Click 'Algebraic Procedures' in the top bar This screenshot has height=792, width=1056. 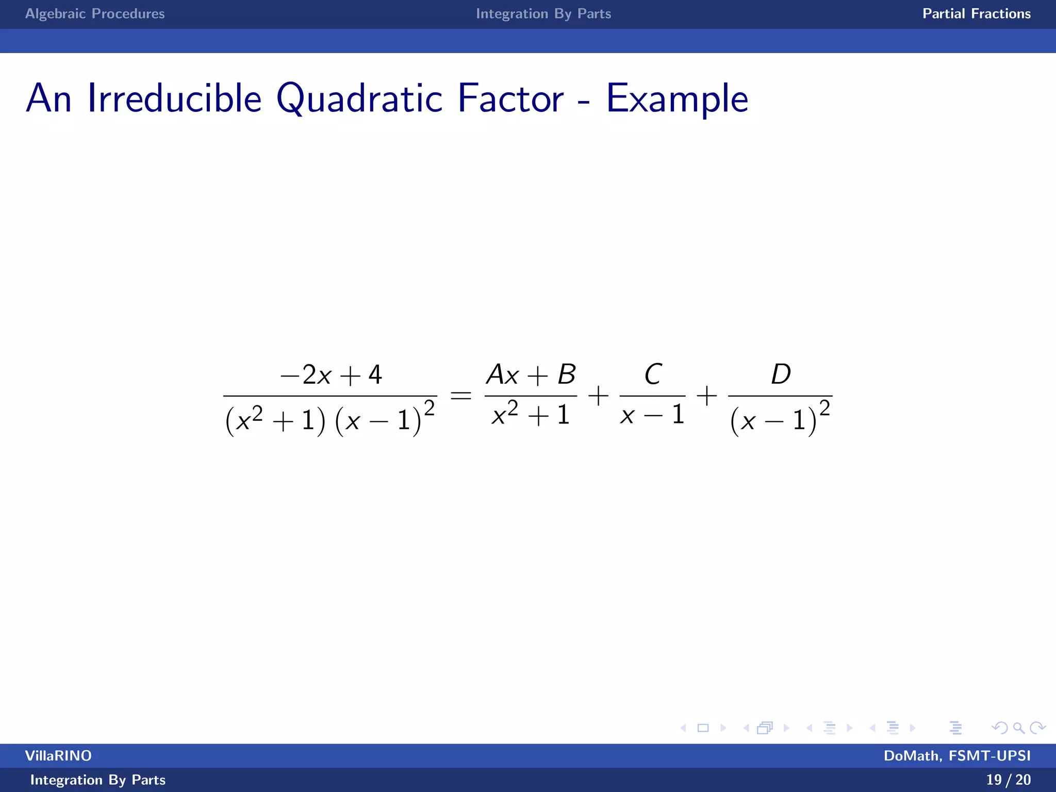tap(95, 13)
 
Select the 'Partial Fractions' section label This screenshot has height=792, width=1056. tap(976, 13)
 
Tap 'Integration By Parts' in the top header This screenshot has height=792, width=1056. tap(543, 13)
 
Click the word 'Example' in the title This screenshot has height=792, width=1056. tap(676, 99)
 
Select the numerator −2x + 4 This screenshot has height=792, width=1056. tap(331, 375)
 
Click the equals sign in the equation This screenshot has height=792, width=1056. tap(460, 396)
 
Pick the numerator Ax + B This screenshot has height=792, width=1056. tap(531, 375)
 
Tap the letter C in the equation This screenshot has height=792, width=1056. tap(653, 374)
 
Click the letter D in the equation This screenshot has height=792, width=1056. tap(781, 374)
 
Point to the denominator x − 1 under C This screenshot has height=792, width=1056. tap(652, 415)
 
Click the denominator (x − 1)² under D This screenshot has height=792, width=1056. tap(780, 418)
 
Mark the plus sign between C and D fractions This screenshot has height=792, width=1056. tap(706, 396)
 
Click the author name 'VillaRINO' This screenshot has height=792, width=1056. tap(58, 755)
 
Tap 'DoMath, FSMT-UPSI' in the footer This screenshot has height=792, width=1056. tap(957, 755)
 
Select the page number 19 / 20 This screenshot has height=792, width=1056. tap(1008, 780)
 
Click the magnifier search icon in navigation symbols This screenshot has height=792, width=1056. tap(1018, 728)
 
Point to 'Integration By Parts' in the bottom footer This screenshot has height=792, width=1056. tap(98, 780)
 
